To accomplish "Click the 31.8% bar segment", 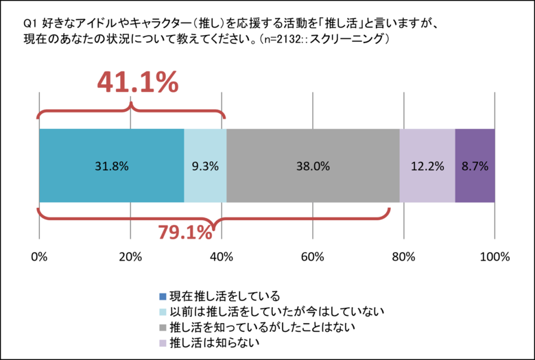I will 112,165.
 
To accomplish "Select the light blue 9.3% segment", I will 205,165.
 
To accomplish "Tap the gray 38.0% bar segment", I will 313,165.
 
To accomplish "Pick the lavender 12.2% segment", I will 427,165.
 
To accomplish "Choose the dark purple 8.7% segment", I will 475,165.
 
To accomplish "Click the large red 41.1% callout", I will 137,83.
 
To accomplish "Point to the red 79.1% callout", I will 185,233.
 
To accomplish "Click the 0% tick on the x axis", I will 39,258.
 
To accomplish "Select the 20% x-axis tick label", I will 130,258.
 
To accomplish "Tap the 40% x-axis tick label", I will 222,258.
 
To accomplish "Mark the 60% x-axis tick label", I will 313,258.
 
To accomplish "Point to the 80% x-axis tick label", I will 404,258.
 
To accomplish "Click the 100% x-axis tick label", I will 495,258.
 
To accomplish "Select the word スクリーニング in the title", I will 352,40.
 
